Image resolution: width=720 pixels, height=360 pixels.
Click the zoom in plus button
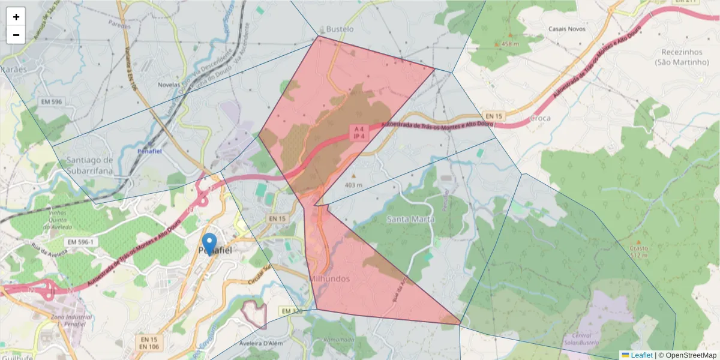point(16,17)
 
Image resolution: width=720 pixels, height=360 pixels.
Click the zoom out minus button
point(16,35)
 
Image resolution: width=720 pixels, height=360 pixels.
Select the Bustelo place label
point(339,29)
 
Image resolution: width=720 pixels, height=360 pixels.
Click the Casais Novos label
point(567,29)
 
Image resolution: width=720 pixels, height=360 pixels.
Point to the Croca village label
point(540,118)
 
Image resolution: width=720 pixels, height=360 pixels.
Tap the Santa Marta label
point(410,219)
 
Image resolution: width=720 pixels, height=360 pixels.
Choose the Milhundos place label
point(329,279)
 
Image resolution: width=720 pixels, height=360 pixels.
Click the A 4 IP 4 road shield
point(359,133)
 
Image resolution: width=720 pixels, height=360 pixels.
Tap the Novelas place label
point(169,85)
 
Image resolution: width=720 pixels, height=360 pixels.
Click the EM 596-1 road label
point(78,242)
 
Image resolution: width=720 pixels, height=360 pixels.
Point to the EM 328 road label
point(291,311)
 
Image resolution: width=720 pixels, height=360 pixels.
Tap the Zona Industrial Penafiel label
point(71,319)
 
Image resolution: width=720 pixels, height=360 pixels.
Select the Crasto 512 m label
point(638,251)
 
